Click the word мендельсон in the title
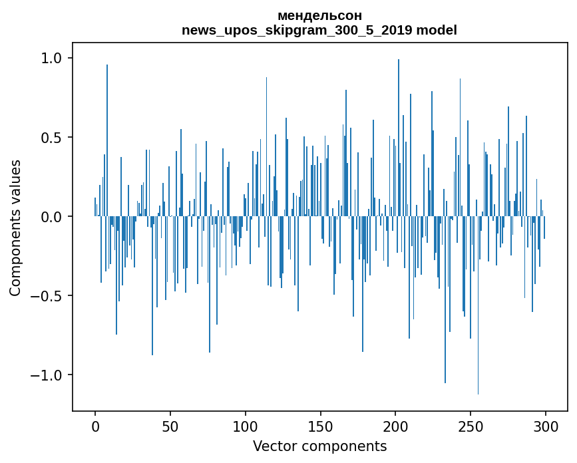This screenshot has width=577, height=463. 319,16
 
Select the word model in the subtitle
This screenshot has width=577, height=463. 441,30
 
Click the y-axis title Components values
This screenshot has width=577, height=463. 15,228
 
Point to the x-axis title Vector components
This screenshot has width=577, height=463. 319,446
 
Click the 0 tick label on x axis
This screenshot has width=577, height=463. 95,426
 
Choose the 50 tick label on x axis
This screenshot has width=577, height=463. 170,426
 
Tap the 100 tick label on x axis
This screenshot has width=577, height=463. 246,426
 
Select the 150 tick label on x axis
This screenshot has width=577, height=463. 320,426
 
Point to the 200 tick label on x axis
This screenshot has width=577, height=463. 395,426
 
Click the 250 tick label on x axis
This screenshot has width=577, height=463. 471,426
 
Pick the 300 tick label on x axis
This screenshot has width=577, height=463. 546,426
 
